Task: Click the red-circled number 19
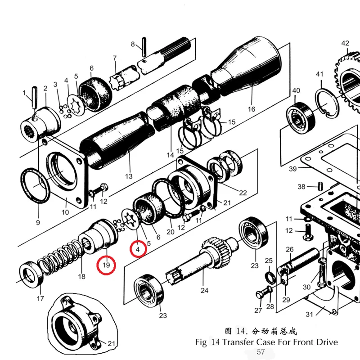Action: tap(106, 265)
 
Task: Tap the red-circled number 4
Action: tap(138, 248)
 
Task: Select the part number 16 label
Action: tap(252, 109)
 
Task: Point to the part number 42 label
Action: tap(345, 44)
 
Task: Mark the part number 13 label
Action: tap(129, 176)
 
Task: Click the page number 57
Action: tap(261, 352)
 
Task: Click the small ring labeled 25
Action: tap(268, 276)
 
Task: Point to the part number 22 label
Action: tap(243, 193)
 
